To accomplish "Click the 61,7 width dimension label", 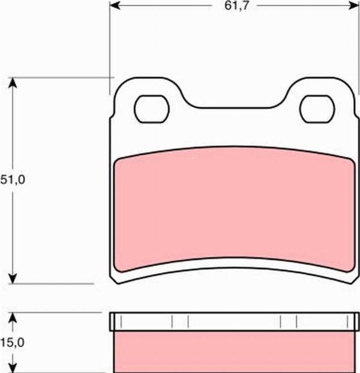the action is point(236,5).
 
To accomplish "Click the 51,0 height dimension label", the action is point(13,180).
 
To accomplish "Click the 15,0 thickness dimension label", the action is point(12,343).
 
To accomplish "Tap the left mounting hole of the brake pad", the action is point(152,109).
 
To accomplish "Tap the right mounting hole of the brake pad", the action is point(317,109).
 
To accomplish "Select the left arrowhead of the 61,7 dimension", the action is point(115,5).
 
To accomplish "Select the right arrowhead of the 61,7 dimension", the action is point(353,5).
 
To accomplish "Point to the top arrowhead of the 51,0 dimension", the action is point(13,83).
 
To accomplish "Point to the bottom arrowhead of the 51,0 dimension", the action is point(13,278).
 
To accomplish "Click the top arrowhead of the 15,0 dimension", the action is point(13,318).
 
